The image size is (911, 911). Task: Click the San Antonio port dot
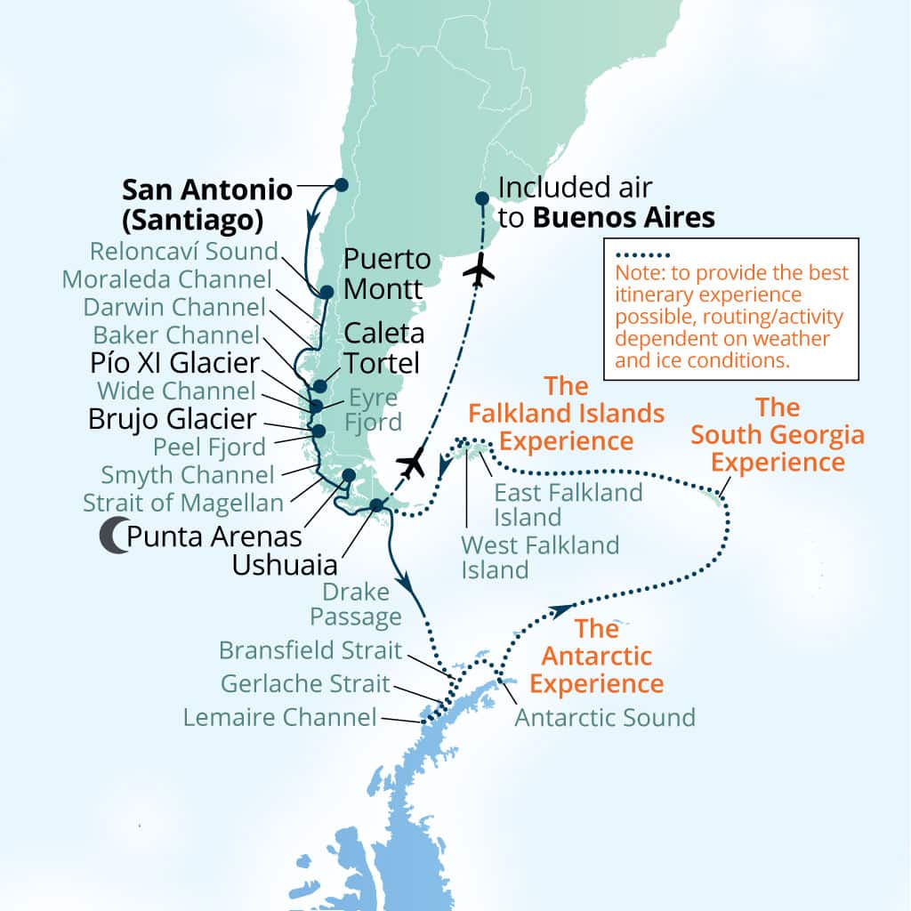click(x=341, y=185)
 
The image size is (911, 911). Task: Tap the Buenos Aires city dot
click(x=481, y=198)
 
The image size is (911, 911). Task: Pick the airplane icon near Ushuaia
click(x=412, y=463)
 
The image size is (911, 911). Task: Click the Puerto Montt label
click(x=387, y=275)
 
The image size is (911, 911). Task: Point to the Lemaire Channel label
click(x=280, y=717)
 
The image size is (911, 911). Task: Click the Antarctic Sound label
click(x=605, y=717)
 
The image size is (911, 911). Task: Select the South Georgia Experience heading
click(x=778, y=435)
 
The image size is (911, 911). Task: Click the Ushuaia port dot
click(x=376, y=505)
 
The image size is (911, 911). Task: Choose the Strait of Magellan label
click(x=183, y=503)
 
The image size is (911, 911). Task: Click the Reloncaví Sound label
click(x=183, y=251)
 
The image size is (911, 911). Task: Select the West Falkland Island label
click(x=540, y=556)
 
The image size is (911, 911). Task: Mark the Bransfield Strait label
click(x=310, y=650)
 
